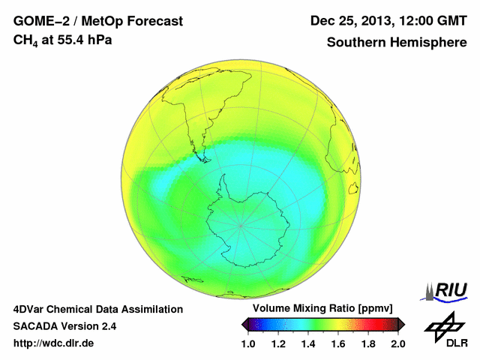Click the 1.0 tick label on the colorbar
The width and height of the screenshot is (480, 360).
pyautogui.click(x=248, y=343)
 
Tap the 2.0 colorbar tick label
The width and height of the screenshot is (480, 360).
pyautogui.click(x=397, y=343)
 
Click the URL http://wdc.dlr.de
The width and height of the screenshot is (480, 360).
pyautogui.click(x=54, y=343)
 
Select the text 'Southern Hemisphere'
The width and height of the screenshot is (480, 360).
pyautogui.click(x=397, y=42)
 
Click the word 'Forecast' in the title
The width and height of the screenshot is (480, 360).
pyautogui.click(x=153, y=21)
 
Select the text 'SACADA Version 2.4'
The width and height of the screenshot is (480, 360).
pyautogui.click(x=64, y=326)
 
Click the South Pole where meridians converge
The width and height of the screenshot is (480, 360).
pyautogui.click(x=241, y=223)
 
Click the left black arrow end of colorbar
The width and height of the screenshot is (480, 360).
pyautogui.click(x=245, y=324)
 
